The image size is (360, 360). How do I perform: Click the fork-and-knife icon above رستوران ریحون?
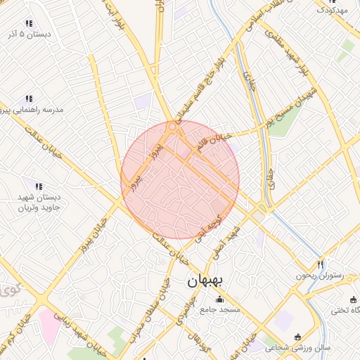pyautogui.click(x=321, y=265)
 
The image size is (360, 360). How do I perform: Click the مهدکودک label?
pyautogui.click(x=332, y=11)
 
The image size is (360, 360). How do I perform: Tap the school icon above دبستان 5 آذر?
pyautogui.click(x=29, y=23)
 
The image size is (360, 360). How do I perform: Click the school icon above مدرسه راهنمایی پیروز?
pyautogui.click(x=30, y=99)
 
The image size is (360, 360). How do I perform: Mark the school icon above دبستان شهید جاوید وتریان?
pyautogui.click(x=39, y=186)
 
